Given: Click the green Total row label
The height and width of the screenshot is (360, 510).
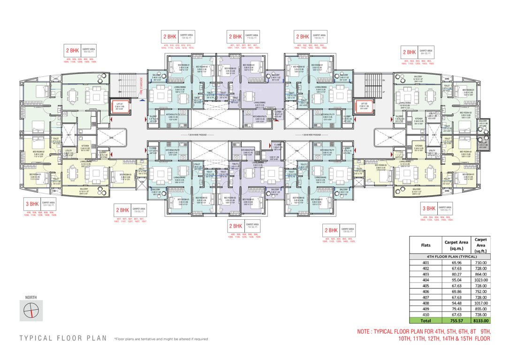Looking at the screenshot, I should (424, 321).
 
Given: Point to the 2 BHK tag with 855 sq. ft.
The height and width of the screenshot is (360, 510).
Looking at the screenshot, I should (73, 51).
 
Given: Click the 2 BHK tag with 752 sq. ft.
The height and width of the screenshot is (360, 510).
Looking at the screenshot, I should (236, 226).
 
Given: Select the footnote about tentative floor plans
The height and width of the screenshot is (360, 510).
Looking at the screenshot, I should (161, 338).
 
